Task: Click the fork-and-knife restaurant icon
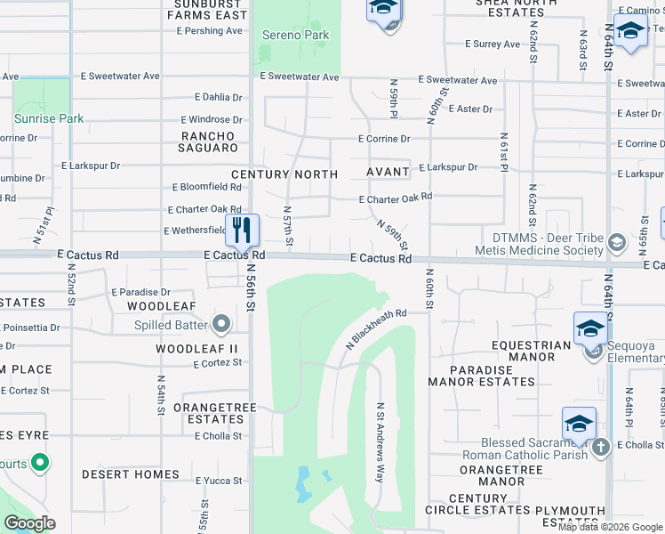point(242,230)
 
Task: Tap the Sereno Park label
point(296,36)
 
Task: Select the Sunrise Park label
point(49,118)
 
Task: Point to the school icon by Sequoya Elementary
point(590,329)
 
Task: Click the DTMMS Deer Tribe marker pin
point(614,241)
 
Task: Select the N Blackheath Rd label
point(375,328)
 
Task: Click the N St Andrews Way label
point(381,442)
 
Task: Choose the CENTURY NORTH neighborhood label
point(284,174)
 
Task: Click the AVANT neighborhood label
point(388,172)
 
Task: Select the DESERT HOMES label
point(131,475)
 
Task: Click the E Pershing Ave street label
point(209,30)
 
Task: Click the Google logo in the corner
point(29,523)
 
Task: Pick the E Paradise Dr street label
point(140,292)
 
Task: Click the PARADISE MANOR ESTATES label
point(481,376)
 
